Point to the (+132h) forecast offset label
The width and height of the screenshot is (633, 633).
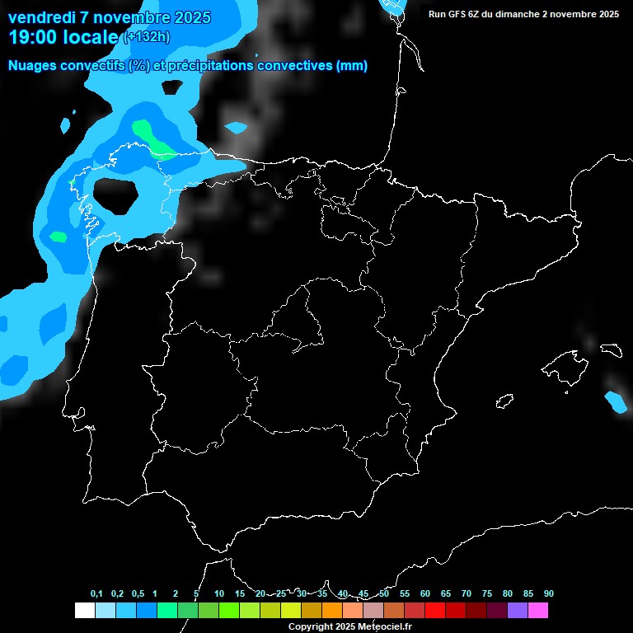click(x=146, y=37)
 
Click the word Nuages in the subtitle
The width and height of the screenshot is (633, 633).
click(x=32, y=66)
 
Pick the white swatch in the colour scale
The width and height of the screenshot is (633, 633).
click(x=84, y=610)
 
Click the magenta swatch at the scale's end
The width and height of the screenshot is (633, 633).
click(x=538, y=610)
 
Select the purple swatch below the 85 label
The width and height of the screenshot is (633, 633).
click(x=518, y=610)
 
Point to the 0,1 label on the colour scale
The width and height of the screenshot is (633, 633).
click(x=96, y=594)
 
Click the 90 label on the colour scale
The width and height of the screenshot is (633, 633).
click(x=549, y=594)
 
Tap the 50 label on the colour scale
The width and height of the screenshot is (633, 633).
click(x=384, y=594)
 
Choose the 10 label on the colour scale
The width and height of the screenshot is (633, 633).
click(x=219, y=594)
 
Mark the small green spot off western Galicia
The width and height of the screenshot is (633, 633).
click(x=58, y=237)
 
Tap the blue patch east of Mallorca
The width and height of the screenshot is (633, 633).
click(x=616, y=401)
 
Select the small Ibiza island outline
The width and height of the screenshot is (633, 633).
click(x=504, y=401)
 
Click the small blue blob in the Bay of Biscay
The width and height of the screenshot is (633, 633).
click(x=237, y=128)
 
